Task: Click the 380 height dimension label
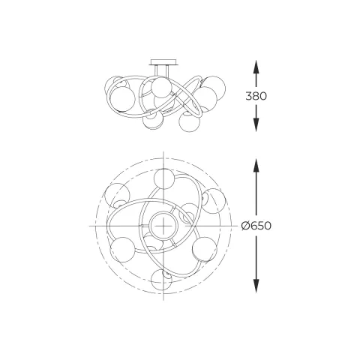click(256, 96)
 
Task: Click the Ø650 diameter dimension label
click(256, 226)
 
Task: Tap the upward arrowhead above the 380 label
click(256, 67)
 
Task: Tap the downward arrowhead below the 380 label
click(256, 125)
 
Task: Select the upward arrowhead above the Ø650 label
click(256, 166)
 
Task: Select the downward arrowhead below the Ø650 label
click(256, 286)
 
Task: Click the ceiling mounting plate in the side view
click(163, 62)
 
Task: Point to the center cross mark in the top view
click(163, 226)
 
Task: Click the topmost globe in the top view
click(164, 179)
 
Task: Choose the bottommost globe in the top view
click(161, 280)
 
